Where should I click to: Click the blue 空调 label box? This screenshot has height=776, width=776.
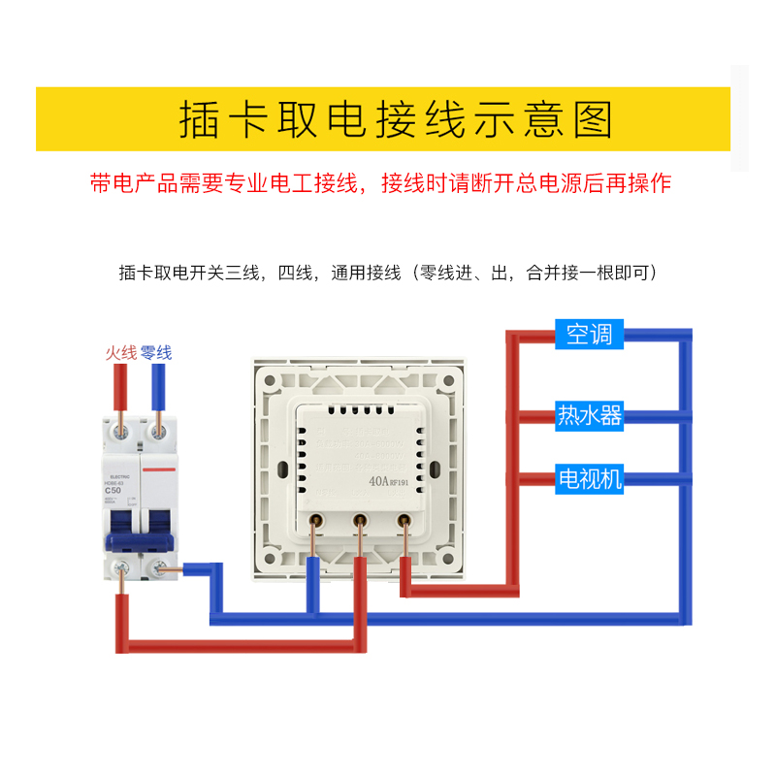click(x=589, y=335)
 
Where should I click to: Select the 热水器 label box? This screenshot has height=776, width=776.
click(x=589, y=416)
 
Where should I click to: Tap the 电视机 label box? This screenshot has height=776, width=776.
click(x=589, y=478)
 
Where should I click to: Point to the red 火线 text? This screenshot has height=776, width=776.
click(x=121, y=353)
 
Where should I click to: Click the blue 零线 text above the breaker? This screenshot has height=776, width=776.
click(x=156, y=353)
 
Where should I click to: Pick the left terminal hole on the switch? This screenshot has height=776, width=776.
click(x=315, y=519)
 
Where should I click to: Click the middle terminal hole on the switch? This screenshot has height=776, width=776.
click(x=359, y=519)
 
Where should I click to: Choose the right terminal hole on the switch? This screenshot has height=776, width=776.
click(x=404, y=519)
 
